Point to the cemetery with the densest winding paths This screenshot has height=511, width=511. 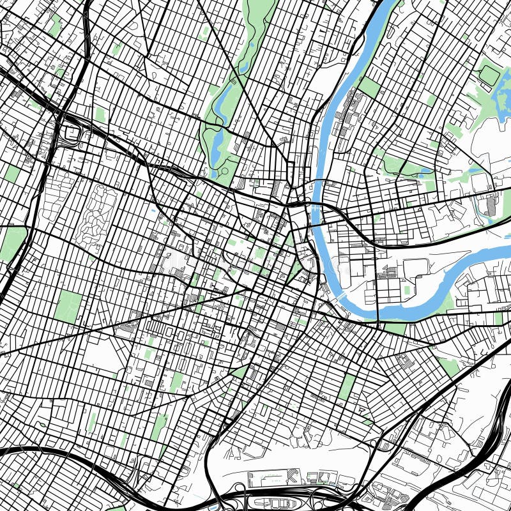(x=89, y=211)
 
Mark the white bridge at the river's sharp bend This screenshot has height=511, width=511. (x=341, y=296)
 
